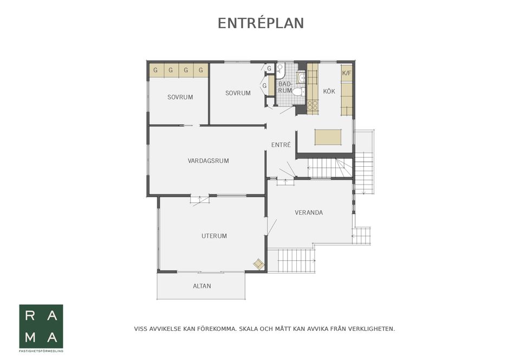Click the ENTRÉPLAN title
(x=261, y=23)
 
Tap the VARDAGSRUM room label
(x=208, y=161)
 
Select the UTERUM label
(x=214, y=236)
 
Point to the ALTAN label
(x=202, y=286)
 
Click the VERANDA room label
(x=309, y=213)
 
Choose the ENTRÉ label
(x=281, y=145)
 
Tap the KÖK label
(x=329, y=91)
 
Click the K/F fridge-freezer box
(x=347, y=73)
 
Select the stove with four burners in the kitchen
(x=313, y=105)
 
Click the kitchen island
(x=328, y=138)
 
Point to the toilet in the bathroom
(x=298, y=91)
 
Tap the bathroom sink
(x=302, y=78)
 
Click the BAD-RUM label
(x=285, y=87)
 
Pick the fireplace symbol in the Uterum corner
(x=258, y=264)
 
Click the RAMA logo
(x=41, y=326)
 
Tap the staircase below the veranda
(x=291, y=260)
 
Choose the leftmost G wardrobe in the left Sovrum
(x=155, y=70)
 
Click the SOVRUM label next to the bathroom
(x=238, y=93)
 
